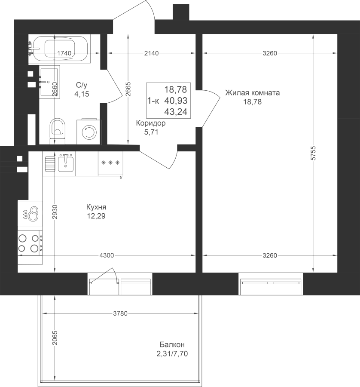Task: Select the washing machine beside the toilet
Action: coord(89,132)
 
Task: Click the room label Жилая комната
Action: coord(253,93)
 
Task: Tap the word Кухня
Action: coord(96,207)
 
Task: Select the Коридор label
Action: coord(151,123)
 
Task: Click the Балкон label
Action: coord(172,344)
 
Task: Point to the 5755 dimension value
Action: coord(313,153)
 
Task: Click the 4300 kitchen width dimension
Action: coord(107,255)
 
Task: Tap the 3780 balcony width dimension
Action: coord(120,313)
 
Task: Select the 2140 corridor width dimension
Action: coord(151,53)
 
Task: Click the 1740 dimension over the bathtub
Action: coord(64,53)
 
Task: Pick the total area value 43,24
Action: coord(176,112)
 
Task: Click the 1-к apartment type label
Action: coord(153,101)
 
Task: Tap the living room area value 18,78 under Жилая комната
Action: coord(253,101)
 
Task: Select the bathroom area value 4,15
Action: coord(82,94)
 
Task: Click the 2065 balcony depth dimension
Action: coord(55,338)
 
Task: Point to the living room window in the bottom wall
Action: coord(271,284)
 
